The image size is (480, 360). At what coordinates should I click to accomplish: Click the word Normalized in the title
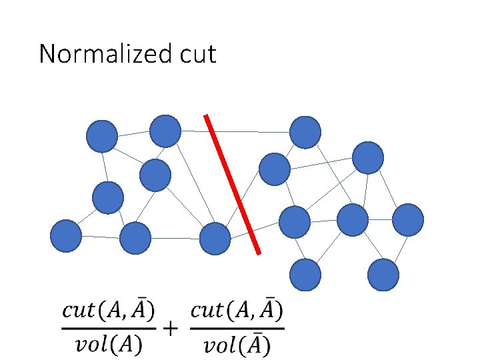(97, 54)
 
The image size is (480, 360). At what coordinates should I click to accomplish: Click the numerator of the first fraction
(109, 311)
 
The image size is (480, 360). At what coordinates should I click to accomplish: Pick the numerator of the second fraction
(237, 310)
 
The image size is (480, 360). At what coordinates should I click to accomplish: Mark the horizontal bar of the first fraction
(109, 327)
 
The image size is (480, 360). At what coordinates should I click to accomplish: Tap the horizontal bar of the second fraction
(237, 327)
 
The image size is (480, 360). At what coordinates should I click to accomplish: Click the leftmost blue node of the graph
(67, 236)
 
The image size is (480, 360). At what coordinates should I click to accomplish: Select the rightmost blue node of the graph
(408, 220)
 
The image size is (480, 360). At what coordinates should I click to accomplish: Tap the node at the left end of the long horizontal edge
(165, 131)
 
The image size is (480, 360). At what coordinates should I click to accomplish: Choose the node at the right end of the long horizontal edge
(305, 132)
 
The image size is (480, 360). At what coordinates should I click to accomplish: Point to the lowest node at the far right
(383, 274)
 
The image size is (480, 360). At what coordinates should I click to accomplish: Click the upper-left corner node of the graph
(102, 137)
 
